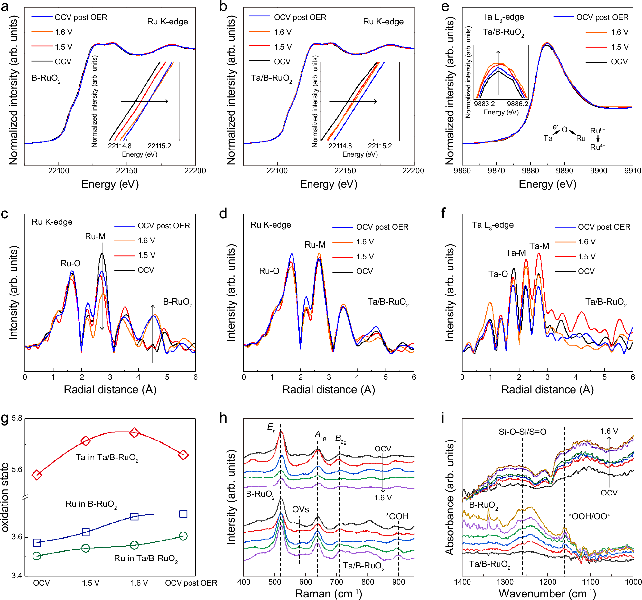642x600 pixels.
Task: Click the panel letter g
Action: click(x=5, y=419)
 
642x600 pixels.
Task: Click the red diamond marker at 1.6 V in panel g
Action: click(x=134, y=433)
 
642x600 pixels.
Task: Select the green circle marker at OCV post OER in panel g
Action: click(x=183, y=536)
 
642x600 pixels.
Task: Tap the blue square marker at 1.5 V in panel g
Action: click(x=86, y=532)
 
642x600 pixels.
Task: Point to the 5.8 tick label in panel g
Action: click(x=17, y=418)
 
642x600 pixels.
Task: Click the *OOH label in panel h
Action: click(x=397, y=516)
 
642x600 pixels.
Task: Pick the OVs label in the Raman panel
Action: click(x=300, y=509)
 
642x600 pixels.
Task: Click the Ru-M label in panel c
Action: click(x=95, y=236)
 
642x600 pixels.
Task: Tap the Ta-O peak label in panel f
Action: click(x=498, y=274)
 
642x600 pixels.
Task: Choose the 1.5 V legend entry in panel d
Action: click(x=365, y=257)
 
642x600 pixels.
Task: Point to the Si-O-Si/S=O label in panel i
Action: click(x=522, y=432)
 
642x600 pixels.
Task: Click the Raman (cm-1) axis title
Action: click(x=329, y=594)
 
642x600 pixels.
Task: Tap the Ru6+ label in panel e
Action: click(x=598, y=131)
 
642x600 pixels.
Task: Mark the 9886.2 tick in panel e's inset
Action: click(x=517, y=104)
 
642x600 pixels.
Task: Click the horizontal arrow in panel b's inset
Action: click(x=353, y=101)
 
